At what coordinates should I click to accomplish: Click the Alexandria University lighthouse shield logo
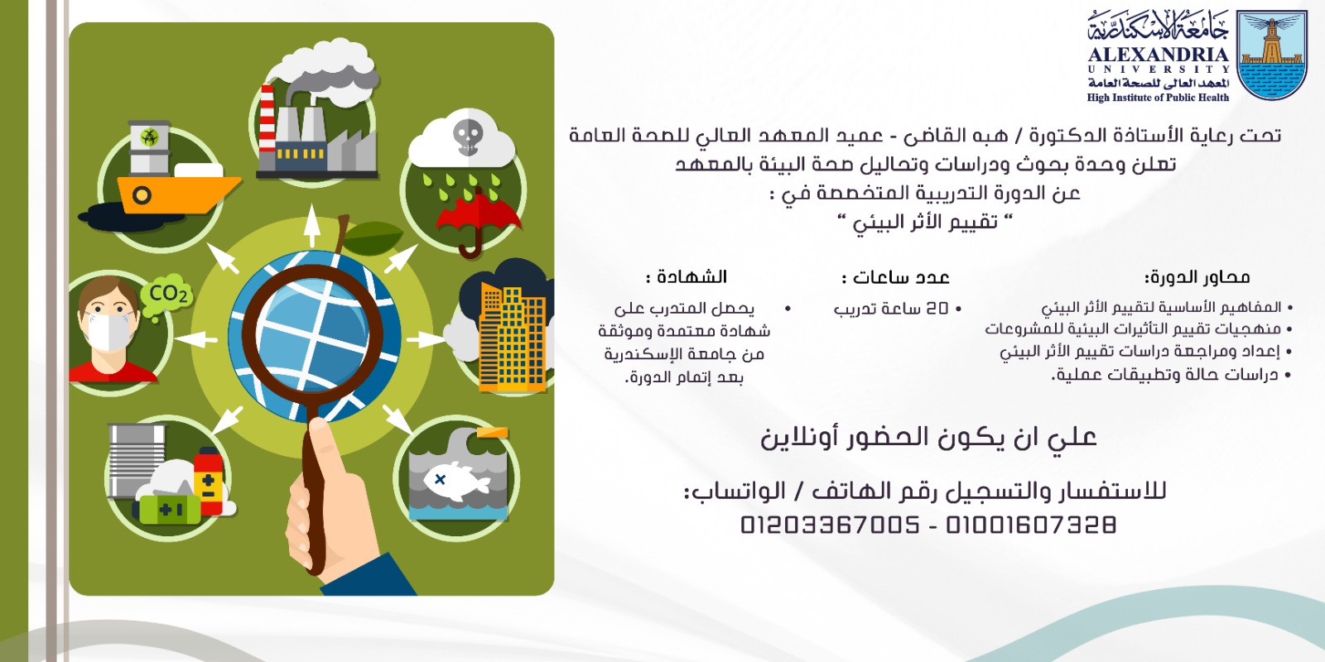click(1272, 55)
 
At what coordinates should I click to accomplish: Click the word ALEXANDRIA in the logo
click(1159, 55)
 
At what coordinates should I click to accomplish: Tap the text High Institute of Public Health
click(1158, 98)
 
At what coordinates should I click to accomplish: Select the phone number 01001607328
click(1030, 525)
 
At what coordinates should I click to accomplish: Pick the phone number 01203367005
click(830, 525)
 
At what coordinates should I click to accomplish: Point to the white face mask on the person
click(108, 331)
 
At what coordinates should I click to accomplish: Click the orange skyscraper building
click(513, 337)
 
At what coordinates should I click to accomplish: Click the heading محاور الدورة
click(1197, 277)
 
